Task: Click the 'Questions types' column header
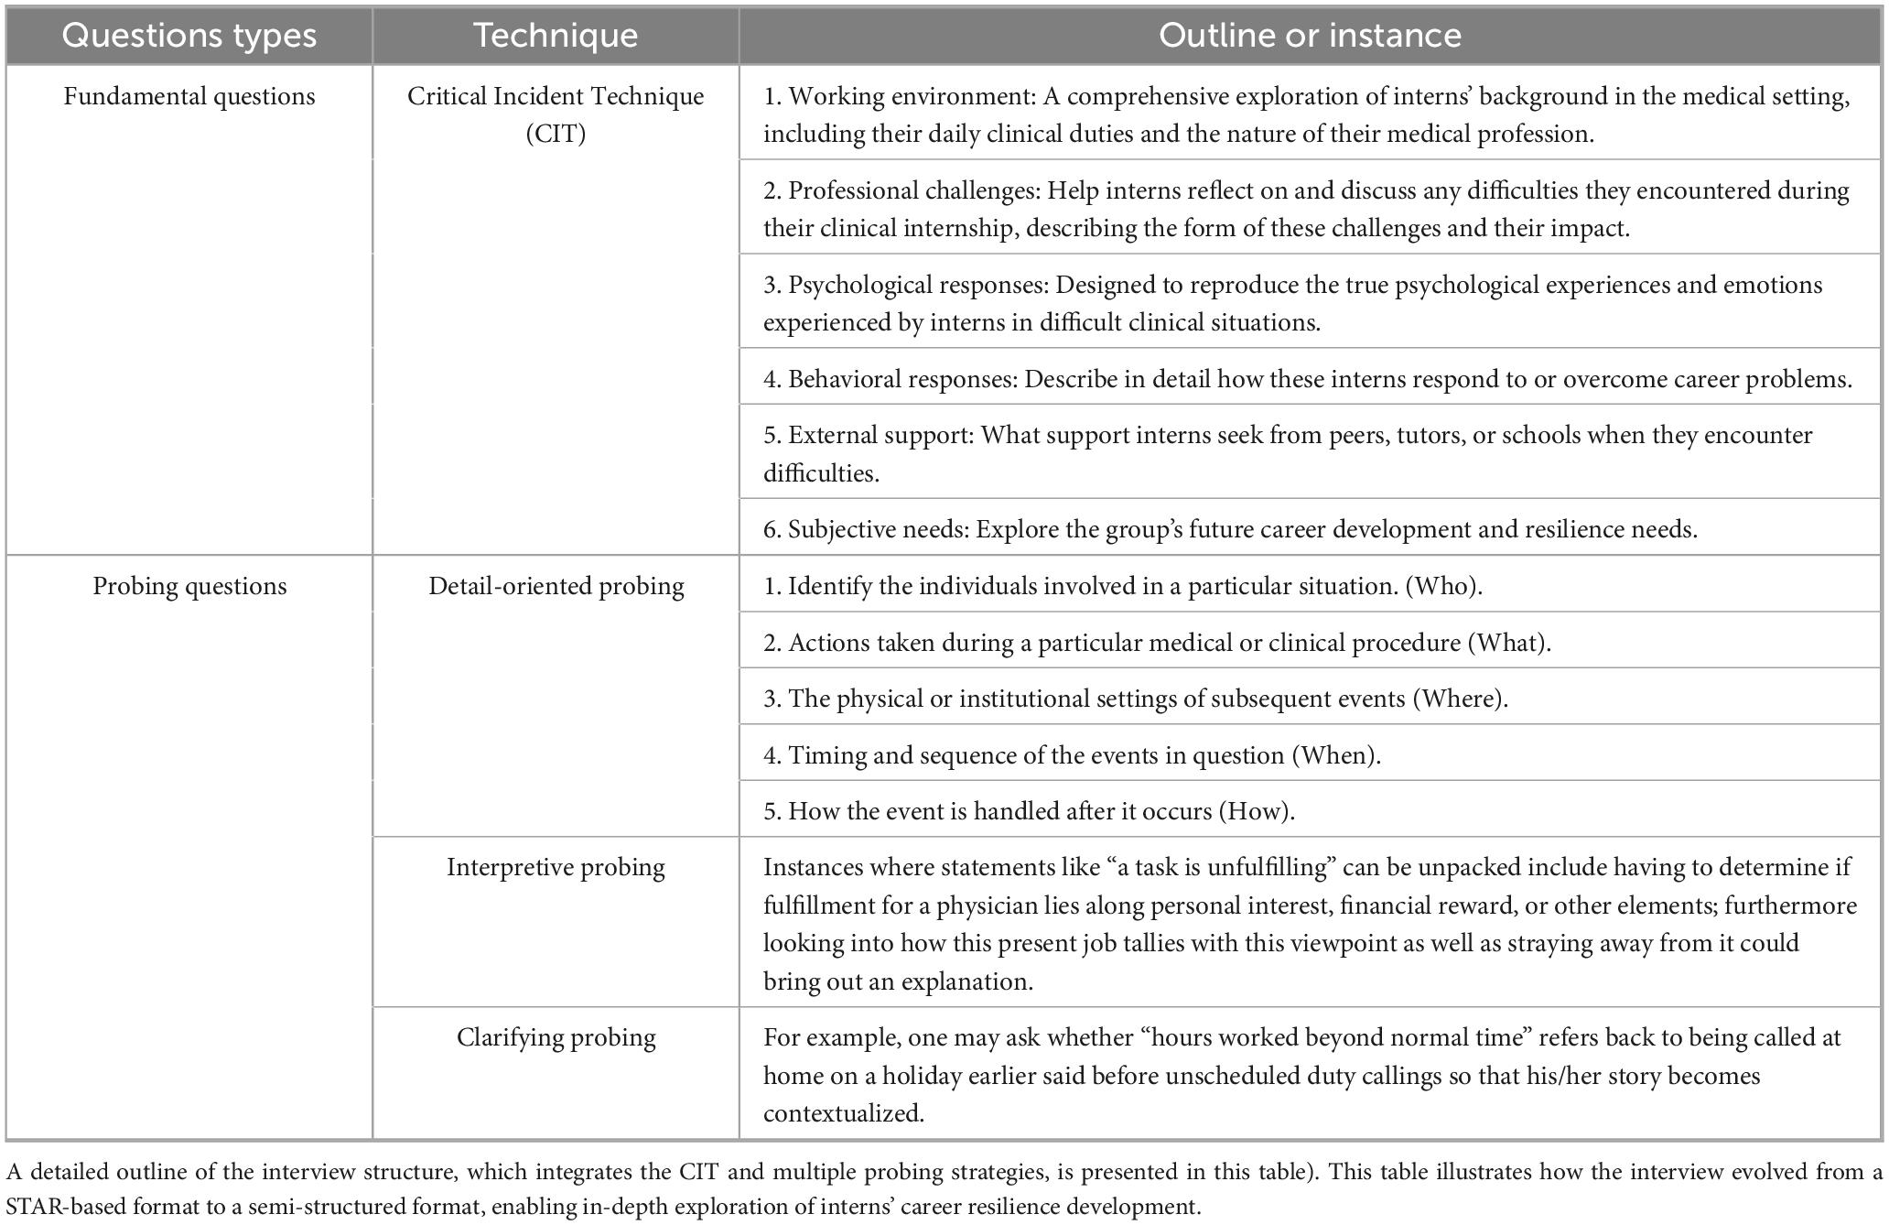(x=189, y=36)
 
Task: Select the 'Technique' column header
(x=556, y=36)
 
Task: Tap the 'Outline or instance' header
(x=1310, y=36)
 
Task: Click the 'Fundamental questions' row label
(x=189, y=97)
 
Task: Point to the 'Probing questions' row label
(x=189, y=586)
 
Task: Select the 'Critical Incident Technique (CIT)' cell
(x=556, y=114)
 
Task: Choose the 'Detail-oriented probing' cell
(x=556, y=586)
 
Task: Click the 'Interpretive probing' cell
(x=556, y=867)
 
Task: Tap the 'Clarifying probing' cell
(x=556, y=1037)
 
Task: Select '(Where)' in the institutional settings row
(x=1460, y=699)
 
